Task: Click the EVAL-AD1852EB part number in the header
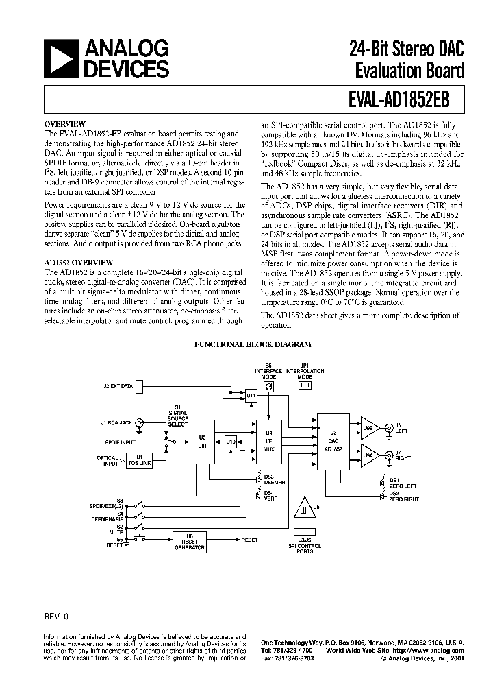[395, 97]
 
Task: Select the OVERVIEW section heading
[65, 125]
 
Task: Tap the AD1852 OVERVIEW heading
[75, 263]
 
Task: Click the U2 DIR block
[202, 441]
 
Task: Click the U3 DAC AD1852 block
[333, 442]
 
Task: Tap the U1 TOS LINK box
[140, 460]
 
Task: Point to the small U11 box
[251, 396]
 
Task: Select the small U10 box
[231, 443]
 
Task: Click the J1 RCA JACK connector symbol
[140, 423]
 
